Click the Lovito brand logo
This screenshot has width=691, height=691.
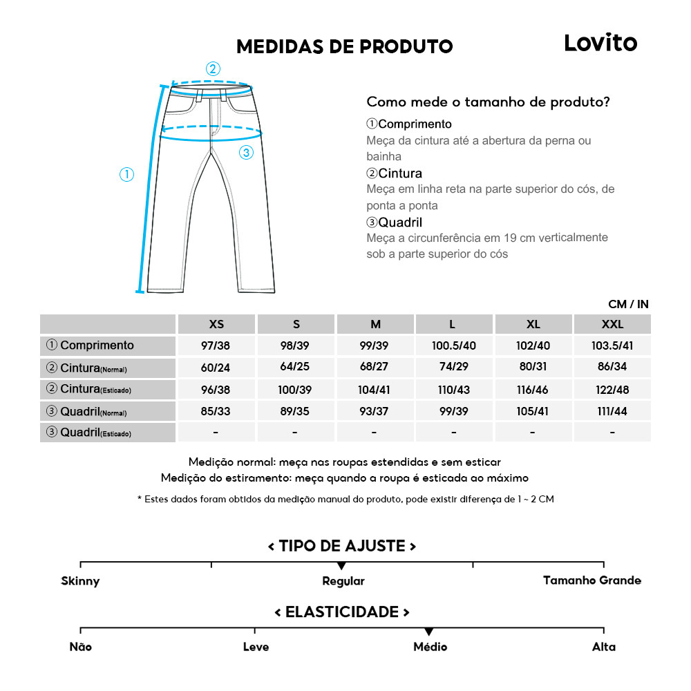(600, 43)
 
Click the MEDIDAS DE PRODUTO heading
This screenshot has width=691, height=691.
(344, 46)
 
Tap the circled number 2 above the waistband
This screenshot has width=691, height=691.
(213, 68)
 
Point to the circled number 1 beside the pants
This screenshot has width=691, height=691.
(126, 175)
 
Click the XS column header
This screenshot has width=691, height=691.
(216, 324)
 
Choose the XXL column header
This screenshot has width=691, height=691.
(612, 324)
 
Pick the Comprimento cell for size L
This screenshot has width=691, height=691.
(453, 345)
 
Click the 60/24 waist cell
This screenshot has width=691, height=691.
(216, 368)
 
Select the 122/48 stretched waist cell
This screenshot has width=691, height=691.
(612, 390)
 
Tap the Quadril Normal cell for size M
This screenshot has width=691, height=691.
(375, 411)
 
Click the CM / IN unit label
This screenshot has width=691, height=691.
(628, 304)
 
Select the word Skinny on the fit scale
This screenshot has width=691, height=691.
(80, 581)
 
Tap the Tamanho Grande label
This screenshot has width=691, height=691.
(591, 580)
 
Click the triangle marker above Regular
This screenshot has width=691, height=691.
(341, 567)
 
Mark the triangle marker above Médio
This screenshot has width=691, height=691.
(429, 632)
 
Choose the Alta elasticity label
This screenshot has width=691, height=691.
(603, 647)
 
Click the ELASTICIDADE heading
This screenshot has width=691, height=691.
(342, 612)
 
